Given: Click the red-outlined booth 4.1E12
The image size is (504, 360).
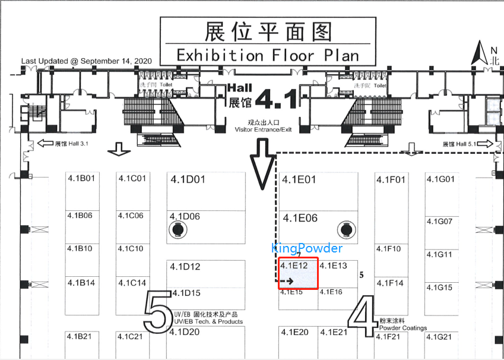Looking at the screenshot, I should pos(299,273).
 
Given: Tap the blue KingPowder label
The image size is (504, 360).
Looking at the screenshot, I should pos(307,248).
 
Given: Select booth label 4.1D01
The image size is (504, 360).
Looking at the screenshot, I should pos(188,179).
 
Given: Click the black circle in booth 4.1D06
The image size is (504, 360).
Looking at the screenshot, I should pos(177,229).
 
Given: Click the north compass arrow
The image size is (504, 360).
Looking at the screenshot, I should pos(477,54).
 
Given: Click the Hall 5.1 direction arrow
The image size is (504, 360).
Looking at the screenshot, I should pos(486,144).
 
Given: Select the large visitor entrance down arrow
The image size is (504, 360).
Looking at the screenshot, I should pos(262,163).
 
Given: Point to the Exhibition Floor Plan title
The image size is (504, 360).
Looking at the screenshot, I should pos(268,55).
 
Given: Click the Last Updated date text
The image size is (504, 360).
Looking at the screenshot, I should pos(87,61).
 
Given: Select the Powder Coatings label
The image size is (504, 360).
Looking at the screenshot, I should pos(402,328).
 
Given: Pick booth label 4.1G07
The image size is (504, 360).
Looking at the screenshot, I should pos(440,222).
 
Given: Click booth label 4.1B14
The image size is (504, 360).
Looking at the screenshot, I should pos(81,283).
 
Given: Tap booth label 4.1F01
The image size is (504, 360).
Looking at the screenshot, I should pos(391,179).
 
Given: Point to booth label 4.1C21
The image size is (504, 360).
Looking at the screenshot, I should pos(130,337).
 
